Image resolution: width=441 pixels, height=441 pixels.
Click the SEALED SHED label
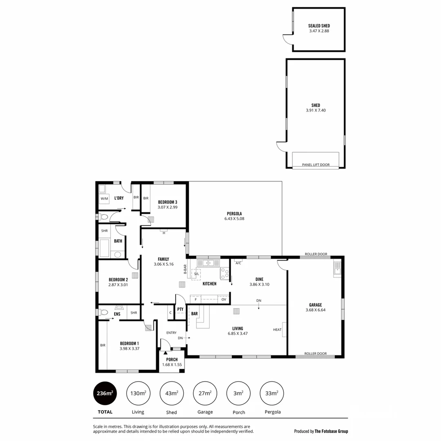point(319,26)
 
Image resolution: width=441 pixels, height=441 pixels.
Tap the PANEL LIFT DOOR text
point(316,165)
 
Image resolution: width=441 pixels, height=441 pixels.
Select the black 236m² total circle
point(105,393)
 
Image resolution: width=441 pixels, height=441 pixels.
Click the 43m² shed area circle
point(171,393)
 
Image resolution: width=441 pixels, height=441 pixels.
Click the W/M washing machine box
point(105,199)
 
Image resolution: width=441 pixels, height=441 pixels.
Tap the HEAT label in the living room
point(277,330)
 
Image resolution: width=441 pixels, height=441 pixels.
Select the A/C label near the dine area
point(238,263)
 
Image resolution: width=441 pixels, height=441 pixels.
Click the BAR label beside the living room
point(194,314)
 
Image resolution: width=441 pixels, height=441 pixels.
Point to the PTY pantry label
point(180,310)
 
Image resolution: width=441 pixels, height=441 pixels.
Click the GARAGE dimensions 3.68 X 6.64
point(315,310)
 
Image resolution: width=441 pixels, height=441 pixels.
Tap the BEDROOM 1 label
point(129,343)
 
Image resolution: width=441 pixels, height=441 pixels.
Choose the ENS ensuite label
point(117,314)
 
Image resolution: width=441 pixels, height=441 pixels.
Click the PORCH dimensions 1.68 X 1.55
point(172,365)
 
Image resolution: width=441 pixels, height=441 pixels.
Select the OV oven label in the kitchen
point(224,300)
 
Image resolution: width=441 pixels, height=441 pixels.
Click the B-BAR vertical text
point(185,272)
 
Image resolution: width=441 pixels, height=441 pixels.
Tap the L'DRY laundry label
point(119,198)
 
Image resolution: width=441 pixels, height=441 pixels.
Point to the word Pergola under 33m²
point(272,412)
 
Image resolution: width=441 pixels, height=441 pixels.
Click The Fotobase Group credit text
point(331,431)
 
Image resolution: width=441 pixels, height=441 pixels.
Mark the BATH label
point(118,241)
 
